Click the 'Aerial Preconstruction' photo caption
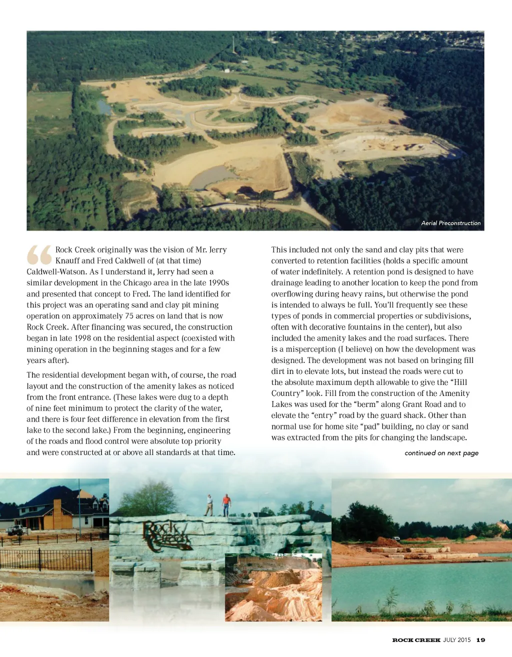(450, 223)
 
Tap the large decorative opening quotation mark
(39, 254)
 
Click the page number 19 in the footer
(480, 640)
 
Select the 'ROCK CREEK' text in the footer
(416, 640)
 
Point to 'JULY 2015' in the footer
(457, 640)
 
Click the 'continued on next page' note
(441, 453)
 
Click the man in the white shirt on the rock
(209, 505)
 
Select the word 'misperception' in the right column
(310, 349)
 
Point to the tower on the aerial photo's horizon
(232, 46)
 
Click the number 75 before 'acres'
(129, 316)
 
